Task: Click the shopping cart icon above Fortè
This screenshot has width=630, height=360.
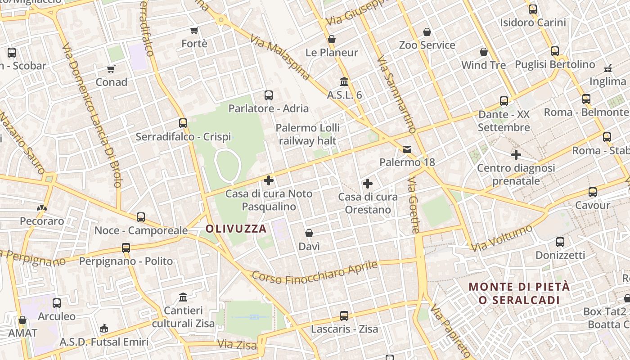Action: (x=194, y=31)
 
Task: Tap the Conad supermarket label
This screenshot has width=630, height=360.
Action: (x=111, y=82)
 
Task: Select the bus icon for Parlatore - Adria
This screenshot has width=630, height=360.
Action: (x=269, y=95)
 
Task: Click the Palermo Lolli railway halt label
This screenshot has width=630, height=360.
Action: (x=308, y=134)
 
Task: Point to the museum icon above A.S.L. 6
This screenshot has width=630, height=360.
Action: (x=344, y=82)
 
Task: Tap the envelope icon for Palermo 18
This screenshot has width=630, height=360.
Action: (x=407, y=149)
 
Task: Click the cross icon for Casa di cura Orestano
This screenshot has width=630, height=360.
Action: (x=368, y=184)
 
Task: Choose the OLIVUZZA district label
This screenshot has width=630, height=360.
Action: (x=236, y=229)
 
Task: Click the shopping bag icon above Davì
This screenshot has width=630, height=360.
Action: (x=309, y=233)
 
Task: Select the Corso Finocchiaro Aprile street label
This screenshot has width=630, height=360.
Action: (x=315, y=272)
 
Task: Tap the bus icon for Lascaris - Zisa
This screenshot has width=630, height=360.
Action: (x=344, y=316)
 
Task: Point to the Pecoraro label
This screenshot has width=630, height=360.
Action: (x=42, y=221)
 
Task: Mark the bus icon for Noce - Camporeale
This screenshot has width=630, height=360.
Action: (x=141, y=217)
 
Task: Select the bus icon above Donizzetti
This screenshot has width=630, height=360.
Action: (x=560, y=242)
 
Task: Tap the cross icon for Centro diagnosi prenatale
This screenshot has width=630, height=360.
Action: (x=516, y=155)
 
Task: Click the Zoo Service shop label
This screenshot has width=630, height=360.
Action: (x=427, y=45)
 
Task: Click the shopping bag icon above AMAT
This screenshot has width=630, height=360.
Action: (x=22, y=320)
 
